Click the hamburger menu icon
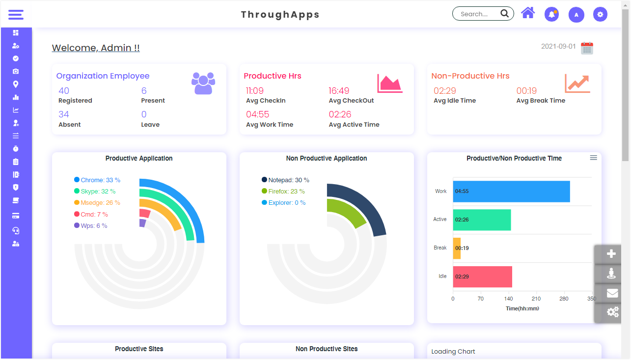(16, 14)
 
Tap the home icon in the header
(528, 13)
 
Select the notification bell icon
(551, 14)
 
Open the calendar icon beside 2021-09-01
(587, 48)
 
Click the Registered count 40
(64, 91)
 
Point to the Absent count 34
(64, 114)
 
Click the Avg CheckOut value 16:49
(339, 91)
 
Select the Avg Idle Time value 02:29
(445, 91)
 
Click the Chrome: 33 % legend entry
(97, 180)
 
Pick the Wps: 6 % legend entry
(91, 226)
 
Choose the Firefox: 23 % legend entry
(283, 192)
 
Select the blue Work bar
(511, 192)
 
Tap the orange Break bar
(457, 248)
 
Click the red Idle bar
(483, 277)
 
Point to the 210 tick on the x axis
(536, 299)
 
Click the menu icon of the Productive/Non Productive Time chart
(594, 158)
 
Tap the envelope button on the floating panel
(612, 293)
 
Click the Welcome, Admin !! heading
(96, 48)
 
